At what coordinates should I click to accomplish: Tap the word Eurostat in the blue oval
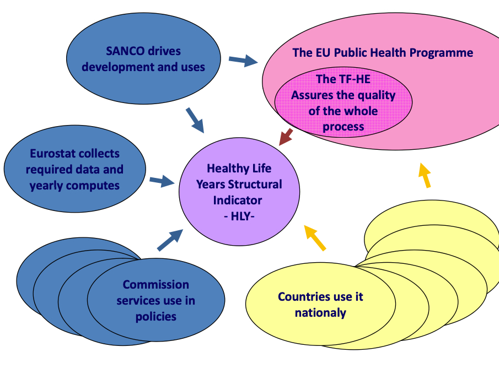click(53, 153)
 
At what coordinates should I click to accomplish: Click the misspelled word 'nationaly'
click(320, 313)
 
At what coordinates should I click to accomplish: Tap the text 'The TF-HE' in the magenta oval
click(343, 79)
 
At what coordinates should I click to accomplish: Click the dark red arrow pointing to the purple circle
click(286, 137)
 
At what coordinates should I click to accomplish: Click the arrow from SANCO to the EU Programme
click(243, 60)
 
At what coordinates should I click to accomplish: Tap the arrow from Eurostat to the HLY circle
click(162, 181)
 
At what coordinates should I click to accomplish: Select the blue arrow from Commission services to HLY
click(170, 240)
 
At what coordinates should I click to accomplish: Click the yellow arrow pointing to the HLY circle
click(315, 238)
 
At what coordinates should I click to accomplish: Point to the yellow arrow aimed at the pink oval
click(424, 175)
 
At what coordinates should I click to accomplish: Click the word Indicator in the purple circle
click(238, 200)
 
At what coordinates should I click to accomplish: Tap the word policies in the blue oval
click(156, 317)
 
